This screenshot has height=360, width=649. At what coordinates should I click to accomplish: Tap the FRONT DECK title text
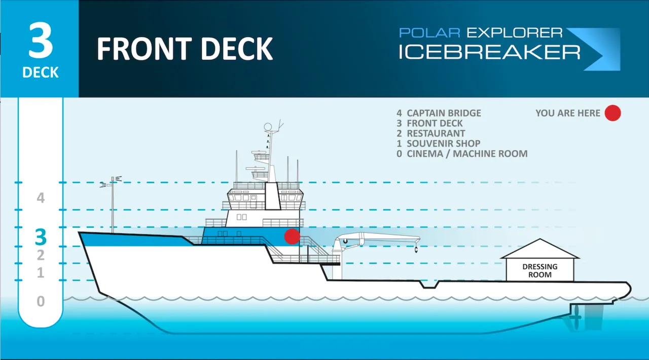[x=185, y=49]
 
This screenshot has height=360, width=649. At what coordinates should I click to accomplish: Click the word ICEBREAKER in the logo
[x=489, y=52]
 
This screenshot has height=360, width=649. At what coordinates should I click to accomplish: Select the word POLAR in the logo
[x=429, y=33]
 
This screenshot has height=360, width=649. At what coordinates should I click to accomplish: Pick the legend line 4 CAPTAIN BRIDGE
[x=439, y=113]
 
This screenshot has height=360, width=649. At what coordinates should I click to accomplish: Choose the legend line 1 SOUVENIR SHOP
[x=439, y=143]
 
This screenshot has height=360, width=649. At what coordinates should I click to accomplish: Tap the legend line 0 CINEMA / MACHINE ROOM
[x=462, y=154]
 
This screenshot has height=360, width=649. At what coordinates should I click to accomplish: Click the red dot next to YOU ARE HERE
[x=612, y=113]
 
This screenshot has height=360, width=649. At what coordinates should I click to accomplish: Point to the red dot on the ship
[x=292, y=236]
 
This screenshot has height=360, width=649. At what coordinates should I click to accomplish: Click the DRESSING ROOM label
[x=540, y=270]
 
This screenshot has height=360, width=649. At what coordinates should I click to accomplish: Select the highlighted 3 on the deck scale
[x=41, y=237]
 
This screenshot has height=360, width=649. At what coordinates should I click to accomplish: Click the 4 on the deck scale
[x=41, y=198]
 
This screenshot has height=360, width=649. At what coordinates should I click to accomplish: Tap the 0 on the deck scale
[x=41, y=302]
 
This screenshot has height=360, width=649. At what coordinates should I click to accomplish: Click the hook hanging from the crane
[x=415, y=249]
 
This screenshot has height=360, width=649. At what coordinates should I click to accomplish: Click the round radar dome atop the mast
[x=268, y=127]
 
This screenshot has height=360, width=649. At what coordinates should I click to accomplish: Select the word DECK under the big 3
[x=41, y=73]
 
